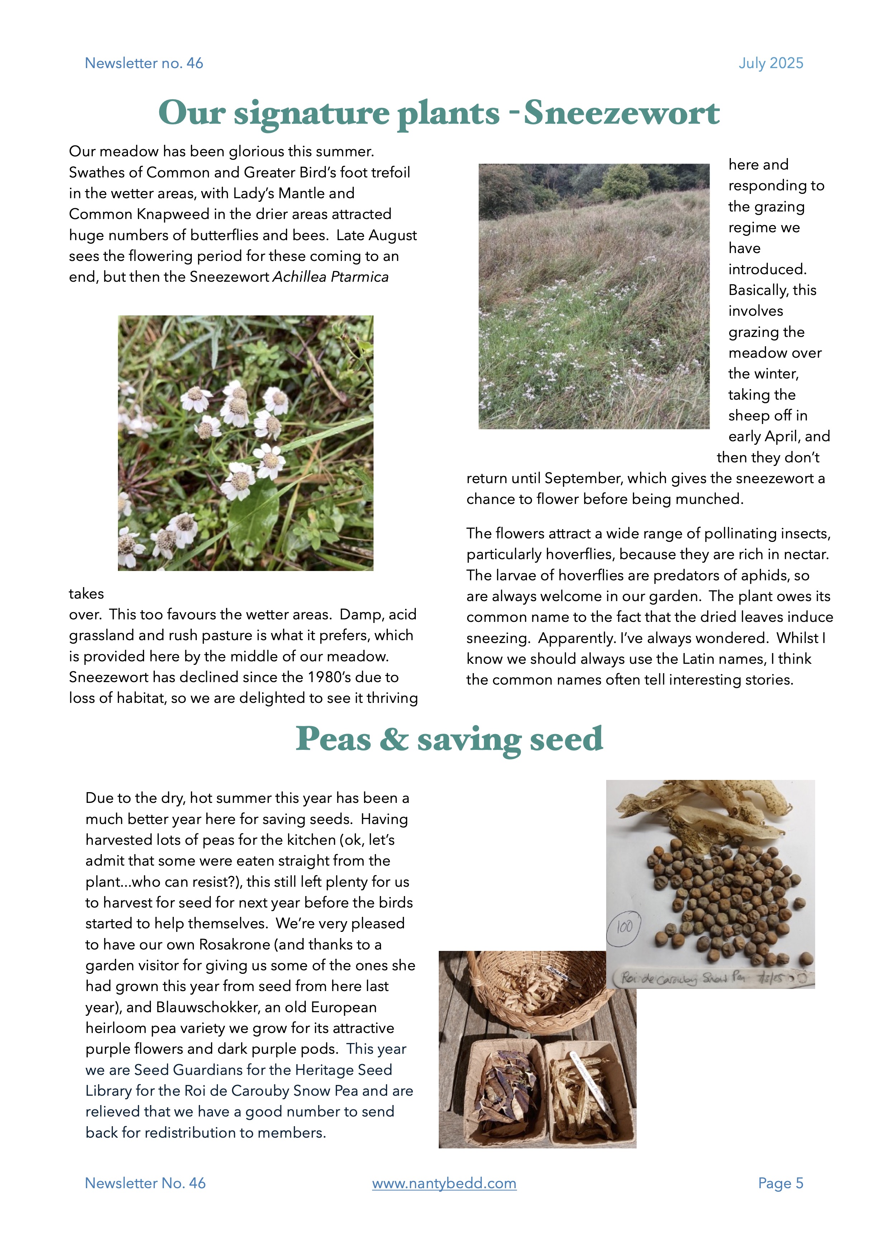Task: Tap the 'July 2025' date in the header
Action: click(x=771, y=63)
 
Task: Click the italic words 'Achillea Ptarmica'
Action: click(x=331, y=277)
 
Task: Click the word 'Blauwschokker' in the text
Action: click(x=211, y=1007)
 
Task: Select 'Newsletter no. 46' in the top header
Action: click(x=144, y=63)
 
